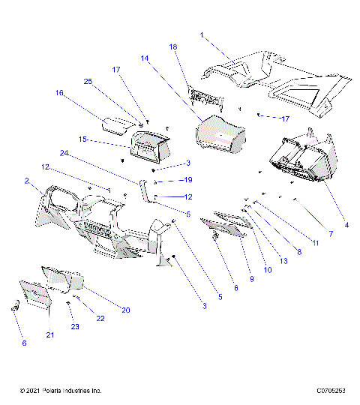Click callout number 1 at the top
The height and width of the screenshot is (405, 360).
pos(202,34)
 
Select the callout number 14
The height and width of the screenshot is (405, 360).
pos(144,58)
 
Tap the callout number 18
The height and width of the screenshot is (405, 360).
pos(173,46)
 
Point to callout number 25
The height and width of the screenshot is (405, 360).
pos(87,81)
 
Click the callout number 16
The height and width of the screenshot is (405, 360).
pos(58,93)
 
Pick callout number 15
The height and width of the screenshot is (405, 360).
pos(83,139)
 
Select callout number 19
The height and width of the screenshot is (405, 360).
pos(188,180)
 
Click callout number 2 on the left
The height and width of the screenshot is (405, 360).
pos(26,181)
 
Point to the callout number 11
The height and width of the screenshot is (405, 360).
pos(316,242)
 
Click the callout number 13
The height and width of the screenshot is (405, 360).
pos(283,260)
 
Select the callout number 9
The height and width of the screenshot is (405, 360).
pos(252,278)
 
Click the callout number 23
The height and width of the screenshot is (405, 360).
pos(75,326)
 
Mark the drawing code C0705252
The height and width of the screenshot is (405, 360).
pos(331,391)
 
